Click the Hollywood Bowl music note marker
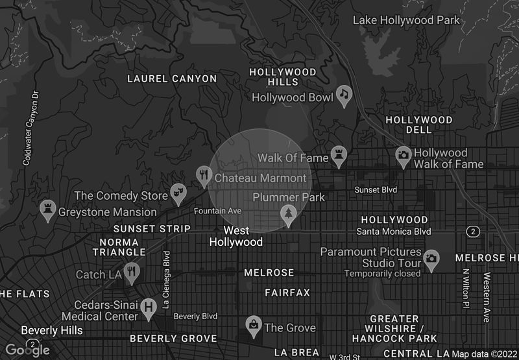pyautogui.click(x=344, y=96)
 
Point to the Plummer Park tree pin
pyautogui.click(x=288, y=214)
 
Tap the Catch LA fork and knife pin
pyautogui.click(x=132, y=272)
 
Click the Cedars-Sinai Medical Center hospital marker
pyautogui.click(x=149, y=307)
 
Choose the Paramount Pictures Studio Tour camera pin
pyautogui.click(x=430, y=259)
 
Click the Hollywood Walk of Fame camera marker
pyautogui.click(x=404, y=156)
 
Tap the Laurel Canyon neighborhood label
pyautogui.click(x=172, y=78)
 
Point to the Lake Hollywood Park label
pyautogui.click(x=406, y=20)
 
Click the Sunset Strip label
pyautogui.click(x=152, y=229)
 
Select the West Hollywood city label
pyautogui.click(x=236, y=236)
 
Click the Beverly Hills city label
pyautogui.click(x=52, y=330)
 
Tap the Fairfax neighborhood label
pyautogui.click(x=287, y=293)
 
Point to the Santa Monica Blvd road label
pyautogui.click(x=394, y=232)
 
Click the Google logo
pyautogui.click(x=29, y=350)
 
